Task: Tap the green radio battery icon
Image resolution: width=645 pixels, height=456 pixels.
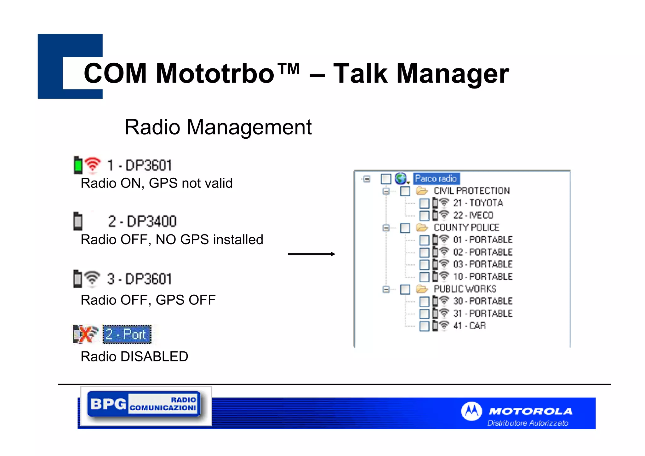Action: click(x=78, y=165)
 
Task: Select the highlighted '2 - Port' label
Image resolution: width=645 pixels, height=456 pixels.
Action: click(x=127, y=334)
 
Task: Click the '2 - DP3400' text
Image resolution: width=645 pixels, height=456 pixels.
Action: click(x=142, y=221)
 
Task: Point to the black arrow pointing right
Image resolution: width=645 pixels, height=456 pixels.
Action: click(x=311, y=254)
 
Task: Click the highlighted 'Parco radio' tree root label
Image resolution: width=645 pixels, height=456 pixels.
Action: click(x=436, y=179)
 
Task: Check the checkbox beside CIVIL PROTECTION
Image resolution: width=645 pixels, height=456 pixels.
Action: click(x=405, y=191)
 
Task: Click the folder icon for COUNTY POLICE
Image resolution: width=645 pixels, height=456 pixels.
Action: click(x=422, y=228)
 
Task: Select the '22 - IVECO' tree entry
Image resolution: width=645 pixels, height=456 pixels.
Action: click(x=473, y=215)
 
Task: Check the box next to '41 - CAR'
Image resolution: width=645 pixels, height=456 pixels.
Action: click(x=424, y=326)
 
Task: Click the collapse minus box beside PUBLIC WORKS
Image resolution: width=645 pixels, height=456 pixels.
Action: click(x=386, y=289)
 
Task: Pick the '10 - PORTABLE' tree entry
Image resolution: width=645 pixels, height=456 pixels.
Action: click(x=482, y=277)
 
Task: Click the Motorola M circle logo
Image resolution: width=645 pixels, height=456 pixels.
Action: click(x=471, y=411)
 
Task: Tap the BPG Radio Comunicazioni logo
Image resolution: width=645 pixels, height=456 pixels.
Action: click(x=144, y=404)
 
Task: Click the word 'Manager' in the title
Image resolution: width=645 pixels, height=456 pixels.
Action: click(x=452, y=73)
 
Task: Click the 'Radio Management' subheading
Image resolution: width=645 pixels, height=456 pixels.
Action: click(x=218, y=127)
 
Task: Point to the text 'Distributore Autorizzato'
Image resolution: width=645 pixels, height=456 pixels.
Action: click(x=528, y=423)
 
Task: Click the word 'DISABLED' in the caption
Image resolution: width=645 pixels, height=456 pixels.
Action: click(x=154, y=357)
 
